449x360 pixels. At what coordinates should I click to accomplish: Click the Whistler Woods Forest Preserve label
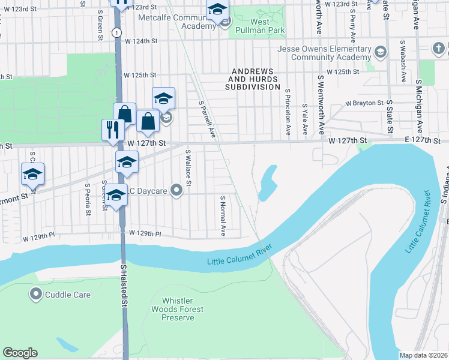tap(182, 309)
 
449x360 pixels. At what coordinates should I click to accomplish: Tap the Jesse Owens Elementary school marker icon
tap(379, 53)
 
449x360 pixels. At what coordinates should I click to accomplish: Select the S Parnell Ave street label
tap(206, 119)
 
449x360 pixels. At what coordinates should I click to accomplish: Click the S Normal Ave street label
tap(223, 215)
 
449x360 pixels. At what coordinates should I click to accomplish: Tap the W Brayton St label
tap(363, 103)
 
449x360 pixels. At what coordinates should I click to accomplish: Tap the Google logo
tap(20, 353)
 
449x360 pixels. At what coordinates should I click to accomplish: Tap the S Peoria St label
tap(88, 199)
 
